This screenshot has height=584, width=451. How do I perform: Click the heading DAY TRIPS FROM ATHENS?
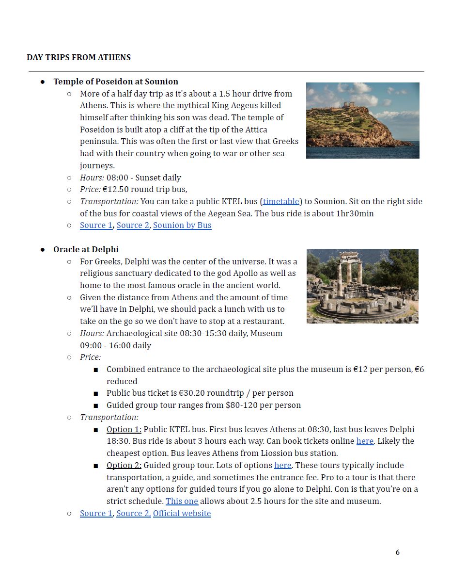[78, 57]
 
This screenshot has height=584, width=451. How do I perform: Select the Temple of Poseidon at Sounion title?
[116, 81]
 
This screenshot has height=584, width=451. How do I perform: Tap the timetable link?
[281, 201]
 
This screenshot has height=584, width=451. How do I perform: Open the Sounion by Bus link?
[182, 225]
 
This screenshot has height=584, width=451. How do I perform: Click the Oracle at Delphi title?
[86, 249]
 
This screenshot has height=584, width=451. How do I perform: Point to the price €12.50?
[116, 189]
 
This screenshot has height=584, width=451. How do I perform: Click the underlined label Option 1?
[124, 429]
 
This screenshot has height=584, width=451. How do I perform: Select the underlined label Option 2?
[124, 465]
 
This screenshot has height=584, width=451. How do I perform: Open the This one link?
[182, 501]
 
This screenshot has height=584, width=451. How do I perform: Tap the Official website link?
[182, 513]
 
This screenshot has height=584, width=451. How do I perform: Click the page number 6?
[398, 552]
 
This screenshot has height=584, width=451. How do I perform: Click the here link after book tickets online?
[365, 441]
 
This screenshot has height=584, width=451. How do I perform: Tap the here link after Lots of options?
[282, 465]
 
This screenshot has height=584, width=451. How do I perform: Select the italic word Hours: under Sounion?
[92, 178]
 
